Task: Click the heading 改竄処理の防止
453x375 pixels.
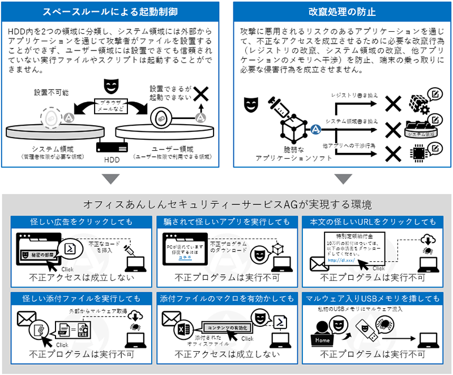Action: pyautogui.click(x=342, y=11)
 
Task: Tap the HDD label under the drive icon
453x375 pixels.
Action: pyautogui.click(x=111, y=159)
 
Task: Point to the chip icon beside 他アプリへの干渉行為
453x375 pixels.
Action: pyautogui.click(x=418, y=154)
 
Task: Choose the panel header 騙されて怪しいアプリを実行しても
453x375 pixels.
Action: pyautogui.click(x=226, y=221)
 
